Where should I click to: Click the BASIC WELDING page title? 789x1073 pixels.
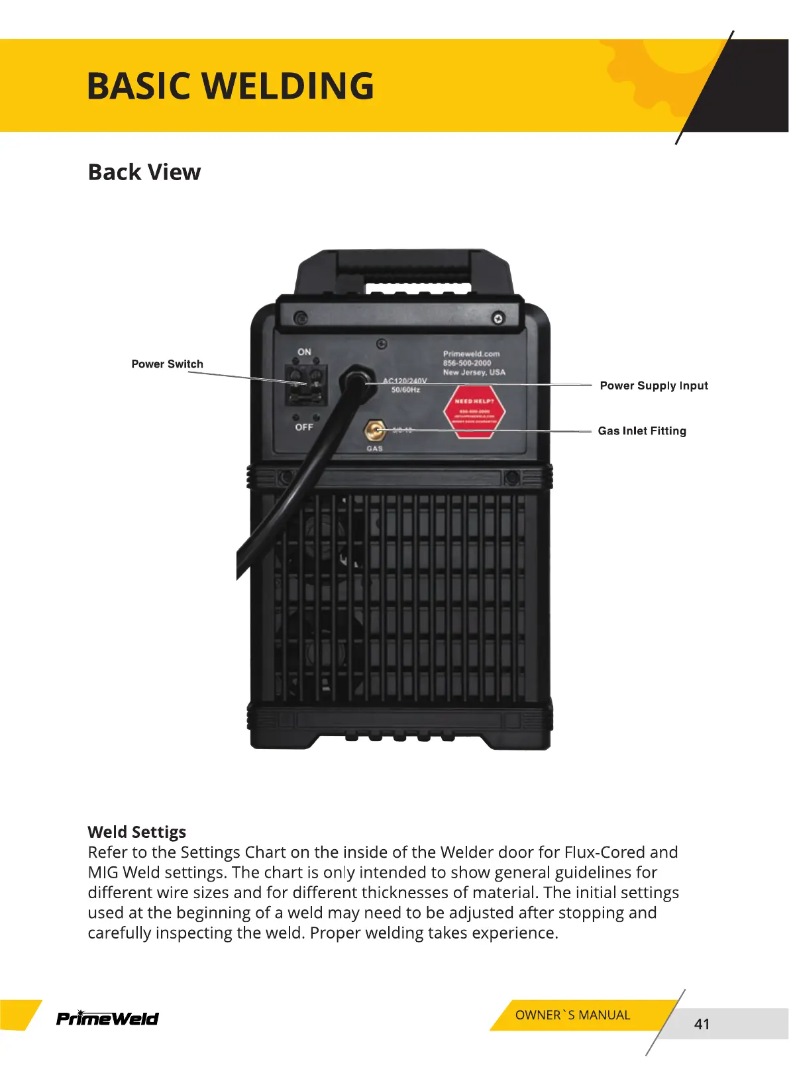coord(231,86)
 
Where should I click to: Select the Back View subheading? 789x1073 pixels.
coord(144,172)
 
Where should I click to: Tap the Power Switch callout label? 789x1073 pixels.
coord(167,364)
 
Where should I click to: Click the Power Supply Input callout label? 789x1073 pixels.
coord(653,385)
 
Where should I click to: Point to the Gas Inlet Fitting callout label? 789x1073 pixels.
coord(641,431)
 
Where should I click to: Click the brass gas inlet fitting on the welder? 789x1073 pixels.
coord(375,431)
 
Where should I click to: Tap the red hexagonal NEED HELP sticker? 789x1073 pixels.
coord(474,411)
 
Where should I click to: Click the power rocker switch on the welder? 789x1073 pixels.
coord(306,385)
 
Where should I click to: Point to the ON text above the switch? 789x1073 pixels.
coord(304,352)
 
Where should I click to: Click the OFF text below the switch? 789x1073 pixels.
coord(304,427)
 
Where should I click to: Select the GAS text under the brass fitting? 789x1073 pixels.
coord(375,448)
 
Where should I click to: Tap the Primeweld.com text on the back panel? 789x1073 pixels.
coord(471,354)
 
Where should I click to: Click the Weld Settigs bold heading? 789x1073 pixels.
coord(136,832)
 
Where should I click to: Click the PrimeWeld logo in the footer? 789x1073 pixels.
coord(107,1018)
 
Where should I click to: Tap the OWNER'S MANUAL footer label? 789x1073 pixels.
coord(572,1015)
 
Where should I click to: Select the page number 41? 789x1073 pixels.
coord(702,1024)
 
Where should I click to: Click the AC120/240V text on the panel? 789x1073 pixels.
coord(405,381)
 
